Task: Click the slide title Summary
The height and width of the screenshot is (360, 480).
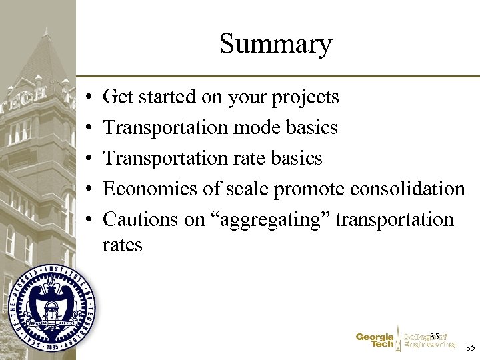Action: (275, 45)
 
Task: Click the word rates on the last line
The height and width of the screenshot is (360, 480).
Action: (122, 245)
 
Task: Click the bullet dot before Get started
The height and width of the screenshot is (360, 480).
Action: (89, 98)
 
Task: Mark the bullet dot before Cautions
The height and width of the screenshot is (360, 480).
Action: (89, 220)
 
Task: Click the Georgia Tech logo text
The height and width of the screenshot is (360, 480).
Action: (375, 341)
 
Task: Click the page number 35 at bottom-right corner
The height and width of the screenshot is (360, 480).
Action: (470, 347)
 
